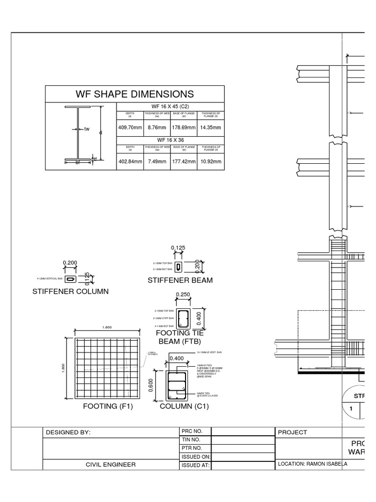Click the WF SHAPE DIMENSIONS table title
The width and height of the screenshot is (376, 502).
pos(135,94)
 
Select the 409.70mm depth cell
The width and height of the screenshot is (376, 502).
pos(130,127)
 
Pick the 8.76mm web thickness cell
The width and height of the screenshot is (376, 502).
pos(157,127)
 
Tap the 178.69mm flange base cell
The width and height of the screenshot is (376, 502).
pos(184,127)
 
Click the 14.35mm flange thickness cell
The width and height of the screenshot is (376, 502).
pos(211,127)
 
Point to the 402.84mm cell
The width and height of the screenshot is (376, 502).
pos(130,161)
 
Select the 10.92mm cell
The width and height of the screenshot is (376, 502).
pos(211,161)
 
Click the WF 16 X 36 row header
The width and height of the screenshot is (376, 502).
pos(170,140)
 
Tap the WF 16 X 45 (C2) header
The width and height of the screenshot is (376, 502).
pos(170,106)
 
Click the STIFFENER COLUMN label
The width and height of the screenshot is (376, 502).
pos(70,291)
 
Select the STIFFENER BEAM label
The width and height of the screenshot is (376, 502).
pos(180,280)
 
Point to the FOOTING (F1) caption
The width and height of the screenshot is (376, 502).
pos(108,406)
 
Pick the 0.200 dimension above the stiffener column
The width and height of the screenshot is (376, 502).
pos(70,263)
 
